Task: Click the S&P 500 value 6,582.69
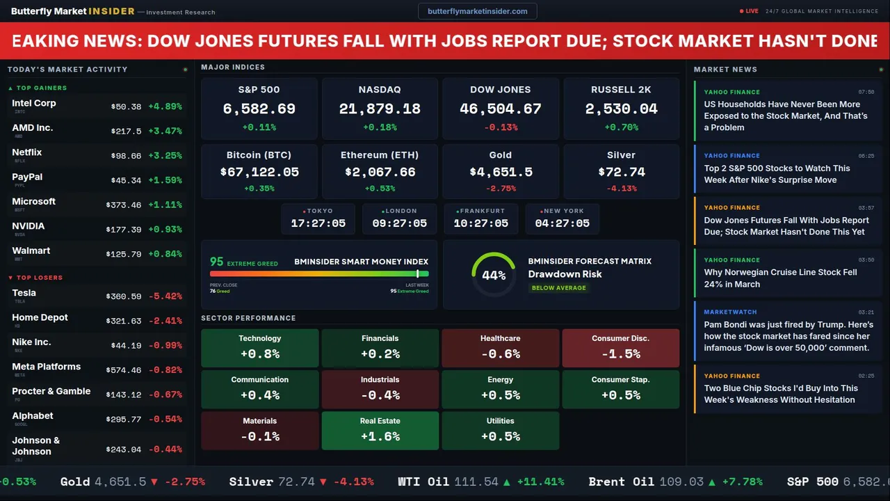coord(259,109)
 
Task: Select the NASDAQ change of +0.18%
coord(380,127)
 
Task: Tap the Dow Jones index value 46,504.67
coord(500,109)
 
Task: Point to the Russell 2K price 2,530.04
coord(621,109)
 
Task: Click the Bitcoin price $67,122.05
coord(259,172)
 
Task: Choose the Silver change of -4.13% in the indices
coord(621,189)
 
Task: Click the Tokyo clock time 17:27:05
coord(318,223)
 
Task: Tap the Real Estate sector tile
coord(380,430)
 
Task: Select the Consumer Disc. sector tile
coord(620,347)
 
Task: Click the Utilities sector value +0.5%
coord(500,437)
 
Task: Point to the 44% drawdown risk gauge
coord(494,275)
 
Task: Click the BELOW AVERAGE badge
coord(558,288)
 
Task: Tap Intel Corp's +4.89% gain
coord(165,106)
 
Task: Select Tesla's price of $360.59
coord(125,296)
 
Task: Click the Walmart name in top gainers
coord(31,250)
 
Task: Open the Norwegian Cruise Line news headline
coord(780,278)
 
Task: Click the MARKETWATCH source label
coord(730,312)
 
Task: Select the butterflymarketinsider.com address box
coord(477,11)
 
